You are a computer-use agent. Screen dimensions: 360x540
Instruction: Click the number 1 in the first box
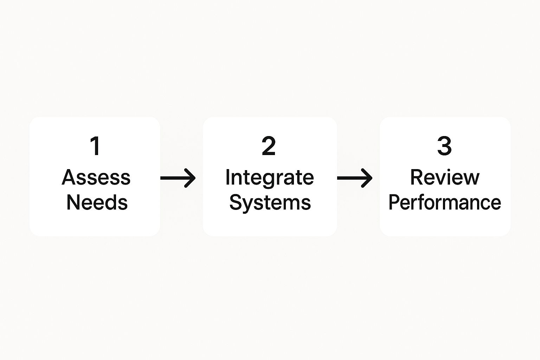(x=95, y=146)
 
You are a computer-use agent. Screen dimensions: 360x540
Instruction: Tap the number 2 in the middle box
(x=269, y=146)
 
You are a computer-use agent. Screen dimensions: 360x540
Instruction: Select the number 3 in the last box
(x=444, y=146)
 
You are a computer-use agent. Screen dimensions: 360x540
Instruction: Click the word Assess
(x=96, y=177)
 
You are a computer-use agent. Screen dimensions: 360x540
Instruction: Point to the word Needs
(x=97, y=202)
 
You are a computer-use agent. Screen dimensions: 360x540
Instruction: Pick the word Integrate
(x=269, y=177)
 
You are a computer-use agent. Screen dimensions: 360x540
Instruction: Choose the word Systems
(x=270, y=203)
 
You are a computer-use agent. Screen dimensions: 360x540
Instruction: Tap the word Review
(x=445, y=177)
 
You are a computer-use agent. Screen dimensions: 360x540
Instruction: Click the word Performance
(x=445, y=203)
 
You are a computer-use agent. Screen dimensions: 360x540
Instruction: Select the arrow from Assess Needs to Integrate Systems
(x=178, y=178)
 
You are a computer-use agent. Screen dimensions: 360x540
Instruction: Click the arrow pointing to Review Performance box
(x=354, y=178)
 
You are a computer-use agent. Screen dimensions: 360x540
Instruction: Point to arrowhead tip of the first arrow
(x=194, y=178)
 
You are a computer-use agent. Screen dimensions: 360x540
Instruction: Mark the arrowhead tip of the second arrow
(x=371, y=178)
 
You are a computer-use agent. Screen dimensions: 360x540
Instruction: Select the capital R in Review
(x=417, y=177)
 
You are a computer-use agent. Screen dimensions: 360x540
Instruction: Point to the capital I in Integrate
(x=227, y=177)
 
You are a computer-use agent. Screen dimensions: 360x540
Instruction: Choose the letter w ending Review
(x=471, y=179)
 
